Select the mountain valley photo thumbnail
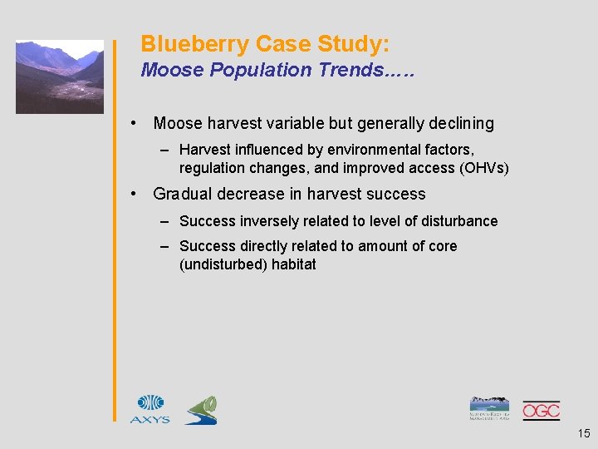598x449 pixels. (60, 76)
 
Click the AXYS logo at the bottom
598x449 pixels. (149, 409)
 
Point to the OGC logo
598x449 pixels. (541, 410)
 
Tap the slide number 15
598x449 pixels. (583, 432)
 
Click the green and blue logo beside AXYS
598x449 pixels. (201, 410)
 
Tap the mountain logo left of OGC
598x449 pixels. (490, 408)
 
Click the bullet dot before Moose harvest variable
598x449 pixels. (134, 124)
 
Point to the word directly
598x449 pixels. (266, 246)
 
